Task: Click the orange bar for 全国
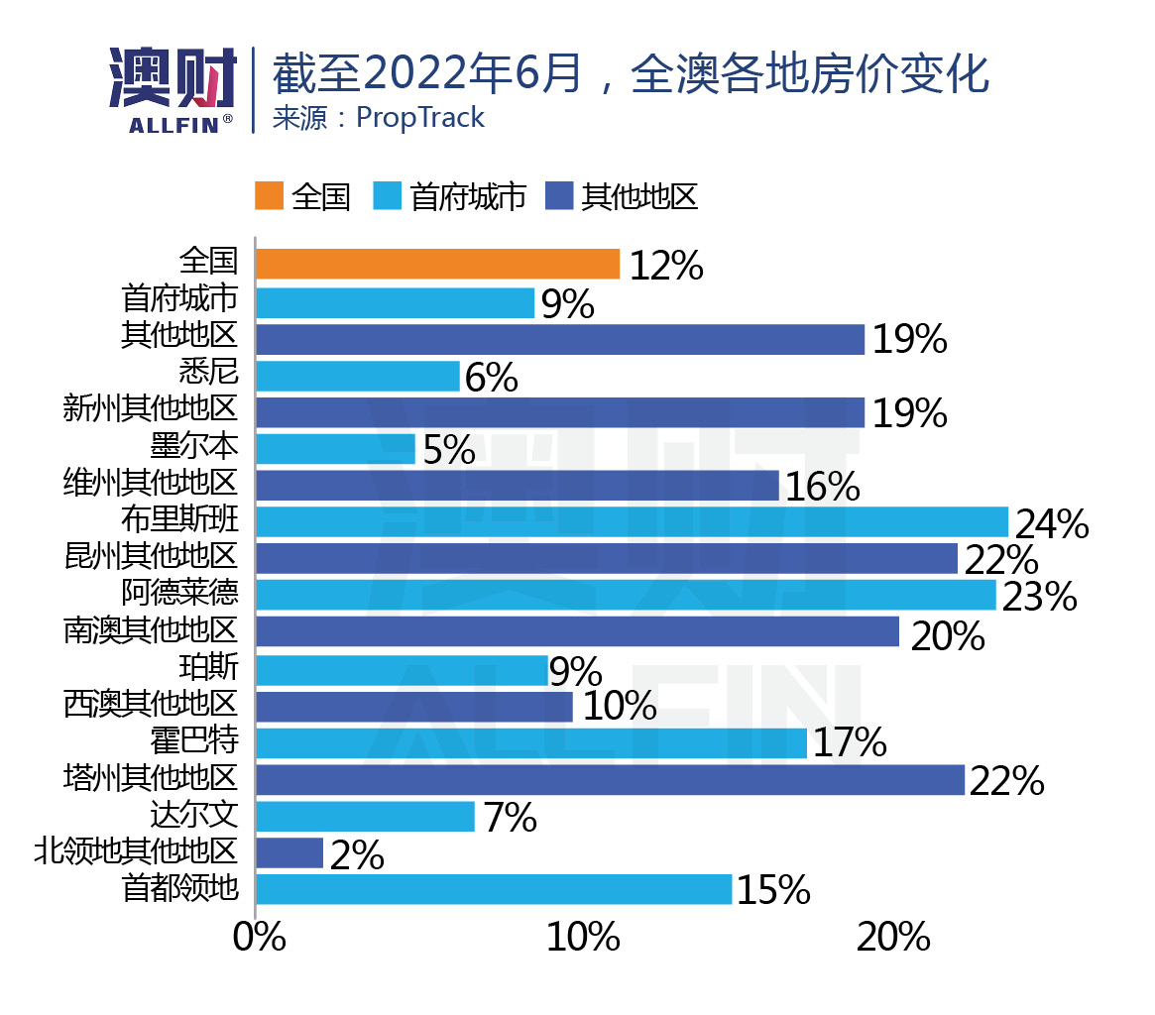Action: click(437, 264)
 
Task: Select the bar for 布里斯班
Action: click(632, 521)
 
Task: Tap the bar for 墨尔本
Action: click(335, 448)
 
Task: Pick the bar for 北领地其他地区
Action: click(289, 852)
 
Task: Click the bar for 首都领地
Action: click(494, 889)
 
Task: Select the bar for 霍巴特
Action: click(531, 742)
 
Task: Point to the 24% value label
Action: click(1051, 523)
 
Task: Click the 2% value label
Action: click(357, 855)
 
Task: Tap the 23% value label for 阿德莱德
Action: click(1039, 597)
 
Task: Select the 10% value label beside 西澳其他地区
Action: click(620, 707)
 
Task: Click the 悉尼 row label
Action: click(209, 374)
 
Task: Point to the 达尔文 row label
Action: click(194, 815)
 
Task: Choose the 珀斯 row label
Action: click(209, 668)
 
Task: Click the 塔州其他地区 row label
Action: click(151, 778)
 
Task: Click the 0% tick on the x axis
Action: click(259, 937)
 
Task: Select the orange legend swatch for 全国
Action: click(269, 196)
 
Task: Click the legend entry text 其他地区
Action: click(639, 196)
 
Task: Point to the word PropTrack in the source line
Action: click(420, 118)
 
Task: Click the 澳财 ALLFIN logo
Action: click(173, 89)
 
